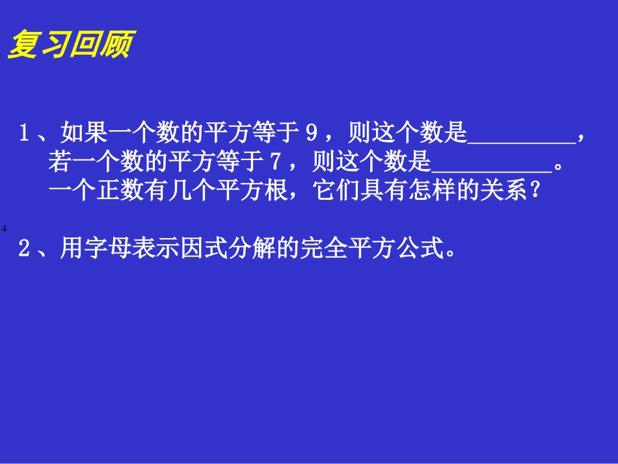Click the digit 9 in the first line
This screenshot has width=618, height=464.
[311, 134]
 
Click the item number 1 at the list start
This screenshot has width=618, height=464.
[25, 134]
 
